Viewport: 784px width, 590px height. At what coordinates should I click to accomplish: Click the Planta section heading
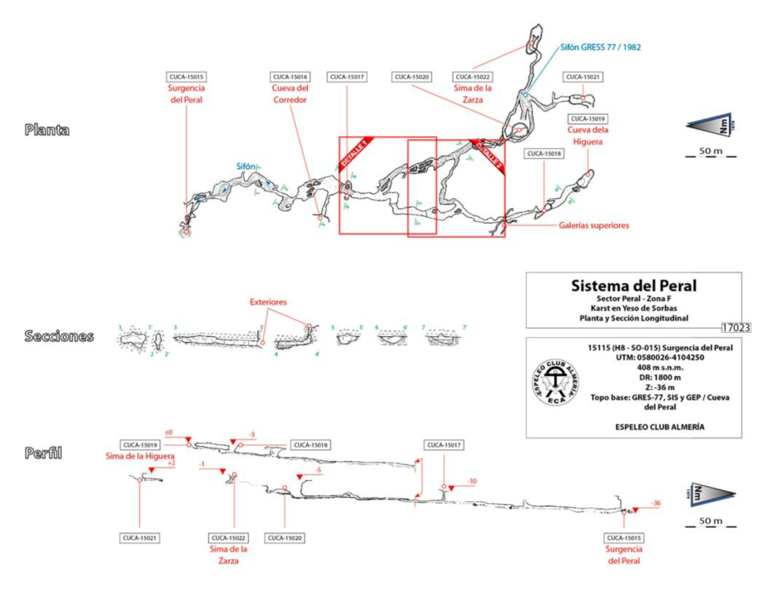click(47, 130)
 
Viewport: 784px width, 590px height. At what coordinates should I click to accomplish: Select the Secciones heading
click(58, 336)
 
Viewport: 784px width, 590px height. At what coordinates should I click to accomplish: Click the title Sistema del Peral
click(633, 286)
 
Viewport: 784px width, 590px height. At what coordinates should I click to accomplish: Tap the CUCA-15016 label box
click(290, 77)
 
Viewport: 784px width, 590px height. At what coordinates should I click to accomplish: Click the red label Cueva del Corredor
click(290, 94)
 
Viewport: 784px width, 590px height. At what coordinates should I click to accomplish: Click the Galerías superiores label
click(594, 226)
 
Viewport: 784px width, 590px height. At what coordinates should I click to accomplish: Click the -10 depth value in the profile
click(472, 481)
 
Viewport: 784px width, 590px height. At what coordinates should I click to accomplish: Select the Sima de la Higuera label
click(139, 457)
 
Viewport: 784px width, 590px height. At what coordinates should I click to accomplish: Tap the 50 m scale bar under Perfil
click(704, 523)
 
